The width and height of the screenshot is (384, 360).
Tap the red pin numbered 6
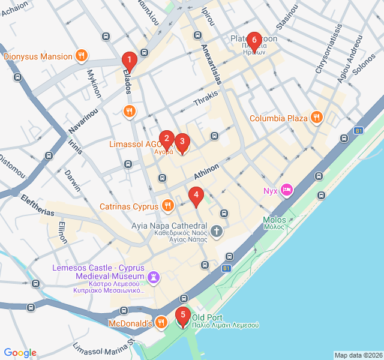(x=254, y=40)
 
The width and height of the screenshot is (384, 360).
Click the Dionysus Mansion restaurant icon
(x=82, y=57)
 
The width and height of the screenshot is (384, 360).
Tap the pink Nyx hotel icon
(x=287, y=191)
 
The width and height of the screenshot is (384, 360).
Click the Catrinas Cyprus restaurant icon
(x=167, y=206)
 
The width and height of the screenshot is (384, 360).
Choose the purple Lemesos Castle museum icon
(x=155, y=277)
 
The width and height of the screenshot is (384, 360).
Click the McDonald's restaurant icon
(x=161, y=323)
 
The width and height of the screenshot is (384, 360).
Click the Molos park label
(x=274, y=220)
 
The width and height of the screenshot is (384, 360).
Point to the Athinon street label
(x=206, y=171)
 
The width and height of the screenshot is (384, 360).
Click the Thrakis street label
(x=206, y=99)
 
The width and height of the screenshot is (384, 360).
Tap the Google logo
(x=20, y=353)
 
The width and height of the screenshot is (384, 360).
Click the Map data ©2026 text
(x=358, y=355)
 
